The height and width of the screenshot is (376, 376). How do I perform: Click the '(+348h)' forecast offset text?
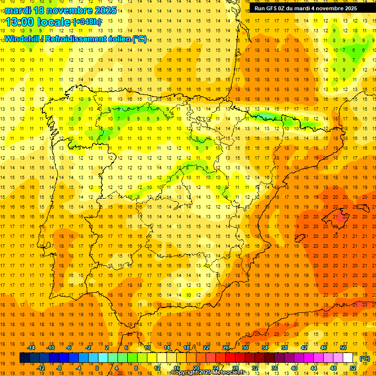pos(87,22)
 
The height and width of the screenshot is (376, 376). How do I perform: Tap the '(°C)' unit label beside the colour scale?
pos(365,358)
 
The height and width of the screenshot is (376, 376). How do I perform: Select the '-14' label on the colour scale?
pos(31,348)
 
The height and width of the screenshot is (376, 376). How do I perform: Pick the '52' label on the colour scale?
pos(353,368)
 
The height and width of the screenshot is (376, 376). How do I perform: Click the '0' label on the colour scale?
pos(96,368)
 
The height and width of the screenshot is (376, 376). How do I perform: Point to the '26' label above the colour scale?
pos(226,348)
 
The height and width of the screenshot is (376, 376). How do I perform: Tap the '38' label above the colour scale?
pos(284,348)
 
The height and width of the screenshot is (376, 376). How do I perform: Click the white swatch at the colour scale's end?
pos(348,358)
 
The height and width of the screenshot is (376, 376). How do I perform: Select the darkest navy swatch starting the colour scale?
pos(24,358)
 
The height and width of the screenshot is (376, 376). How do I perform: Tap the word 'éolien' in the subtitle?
pos(122,39)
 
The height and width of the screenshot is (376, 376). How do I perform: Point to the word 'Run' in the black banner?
pos(259,8)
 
